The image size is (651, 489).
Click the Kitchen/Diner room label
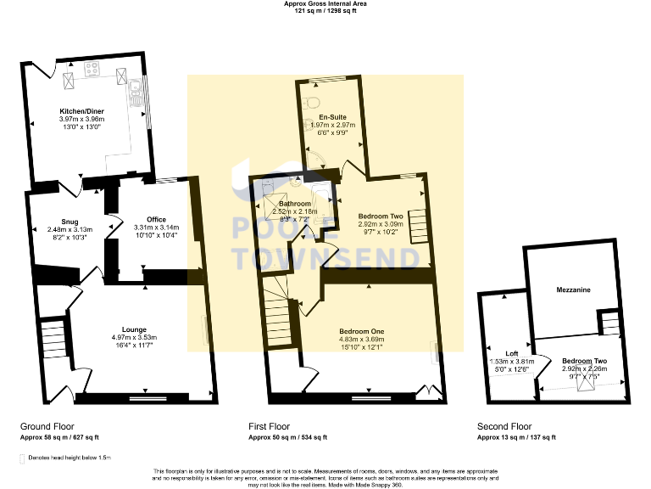[82, 111]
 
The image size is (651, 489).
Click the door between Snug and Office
[110, 228]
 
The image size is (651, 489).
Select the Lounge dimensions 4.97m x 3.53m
[134, 338]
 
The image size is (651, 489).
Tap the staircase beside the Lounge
[53, 339]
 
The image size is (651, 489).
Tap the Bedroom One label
[362, 330]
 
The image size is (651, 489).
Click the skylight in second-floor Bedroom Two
[585, 384]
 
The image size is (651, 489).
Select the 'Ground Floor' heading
[47, 427]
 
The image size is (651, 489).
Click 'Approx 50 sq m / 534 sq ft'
[287, 437]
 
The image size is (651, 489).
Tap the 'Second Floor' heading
[504, 427]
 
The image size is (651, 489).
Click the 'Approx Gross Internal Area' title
[325, 4]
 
